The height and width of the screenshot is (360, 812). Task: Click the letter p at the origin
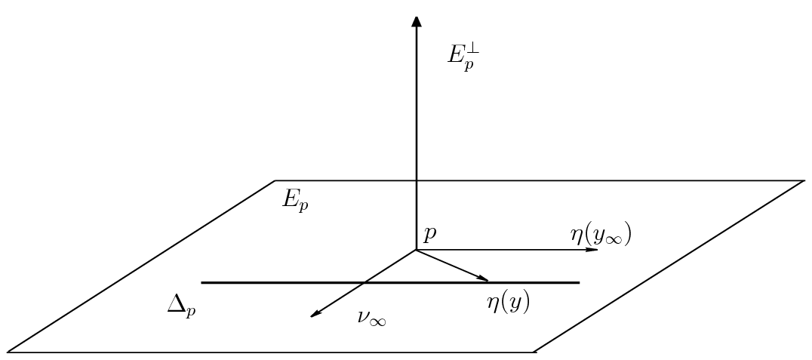click(429, 234)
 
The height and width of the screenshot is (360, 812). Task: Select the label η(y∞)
click(601, 235)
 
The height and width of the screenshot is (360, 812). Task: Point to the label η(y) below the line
click(508, 303)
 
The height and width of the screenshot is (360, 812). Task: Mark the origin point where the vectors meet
click(416, 249)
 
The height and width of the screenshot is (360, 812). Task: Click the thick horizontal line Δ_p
click(302, 282)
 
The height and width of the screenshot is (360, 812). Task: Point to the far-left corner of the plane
click(8, 352)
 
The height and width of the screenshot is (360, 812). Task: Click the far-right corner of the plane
click(804, 181)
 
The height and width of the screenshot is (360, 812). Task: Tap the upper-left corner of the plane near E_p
click(275, 181)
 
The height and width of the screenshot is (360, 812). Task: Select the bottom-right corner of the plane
click(535, 352)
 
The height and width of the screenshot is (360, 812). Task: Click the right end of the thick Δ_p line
click(579, 282)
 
